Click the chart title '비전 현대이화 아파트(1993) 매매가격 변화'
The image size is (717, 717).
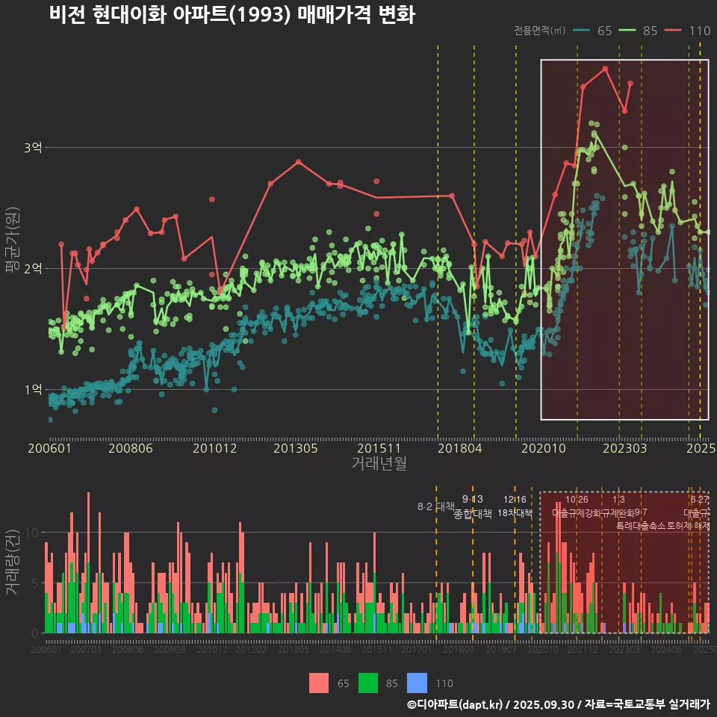pos(232,14)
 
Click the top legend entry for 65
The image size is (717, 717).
pos(594,31)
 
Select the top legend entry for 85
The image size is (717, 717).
pos(639,31)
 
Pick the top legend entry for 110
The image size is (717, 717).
pos(688,31)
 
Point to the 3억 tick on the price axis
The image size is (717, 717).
pos(34,148)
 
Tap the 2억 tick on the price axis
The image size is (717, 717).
pos(34,268)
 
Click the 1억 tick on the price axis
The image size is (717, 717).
pos(34,389)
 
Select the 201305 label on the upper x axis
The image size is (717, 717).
pos(296,449)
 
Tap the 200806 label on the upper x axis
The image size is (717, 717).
pos(131,449)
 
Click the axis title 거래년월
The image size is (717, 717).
pos(379,464)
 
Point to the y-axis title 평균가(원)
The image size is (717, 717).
pos(12,240)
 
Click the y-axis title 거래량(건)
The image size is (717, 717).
pos(12,562)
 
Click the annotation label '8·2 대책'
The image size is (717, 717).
pos(435,506)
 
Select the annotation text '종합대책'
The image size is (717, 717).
pos(472,514)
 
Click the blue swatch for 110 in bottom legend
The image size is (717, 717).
pos(418,683)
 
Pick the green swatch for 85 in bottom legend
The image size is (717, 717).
pos(368,683)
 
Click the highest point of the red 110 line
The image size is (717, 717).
pos(605,69)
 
